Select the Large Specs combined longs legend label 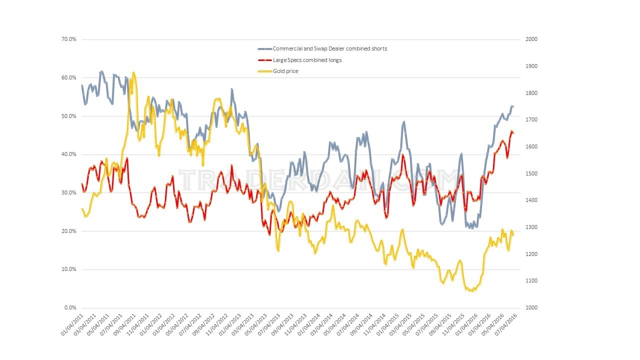[307, 60]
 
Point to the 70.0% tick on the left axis [69, 39]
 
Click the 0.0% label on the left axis [70, 308]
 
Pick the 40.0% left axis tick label [69, 154]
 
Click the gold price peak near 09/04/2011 [133, 73]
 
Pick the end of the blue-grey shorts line [513, 106]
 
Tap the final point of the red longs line [513, 133]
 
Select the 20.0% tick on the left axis [69, 231]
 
